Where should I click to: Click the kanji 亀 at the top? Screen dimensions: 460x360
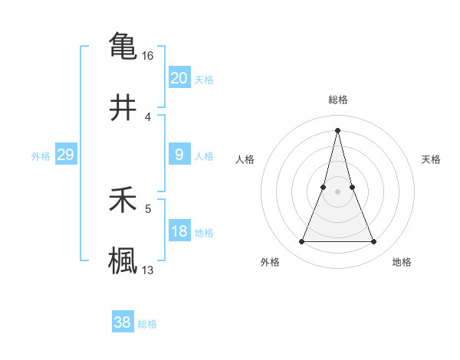tap(123, 45)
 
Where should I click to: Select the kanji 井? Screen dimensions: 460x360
tap(123, 107)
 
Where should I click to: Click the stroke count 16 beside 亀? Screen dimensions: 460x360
tap(148, 56)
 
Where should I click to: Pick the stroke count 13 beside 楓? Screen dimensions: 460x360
tap(148, 270)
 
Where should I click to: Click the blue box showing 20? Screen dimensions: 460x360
tap(179, 78)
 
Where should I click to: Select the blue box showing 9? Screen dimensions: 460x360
tap(179, 155)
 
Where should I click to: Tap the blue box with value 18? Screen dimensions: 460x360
tap(179, 231)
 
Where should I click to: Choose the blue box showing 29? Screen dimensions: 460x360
tap(65, 155)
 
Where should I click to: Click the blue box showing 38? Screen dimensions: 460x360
tap(122, 322)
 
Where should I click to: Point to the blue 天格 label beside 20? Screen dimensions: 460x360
tap(203, 80)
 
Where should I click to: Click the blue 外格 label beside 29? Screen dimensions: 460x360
tap(41, 156)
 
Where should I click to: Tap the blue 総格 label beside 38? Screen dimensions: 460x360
tap(147, 324)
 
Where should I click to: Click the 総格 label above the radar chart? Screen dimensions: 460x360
tap(337, 100)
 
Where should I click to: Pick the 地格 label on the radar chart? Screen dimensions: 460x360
tap(402, 262)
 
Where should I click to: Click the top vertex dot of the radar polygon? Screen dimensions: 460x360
tap(337, 130)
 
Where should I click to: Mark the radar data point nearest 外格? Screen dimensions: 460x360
tap(302, 242)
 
